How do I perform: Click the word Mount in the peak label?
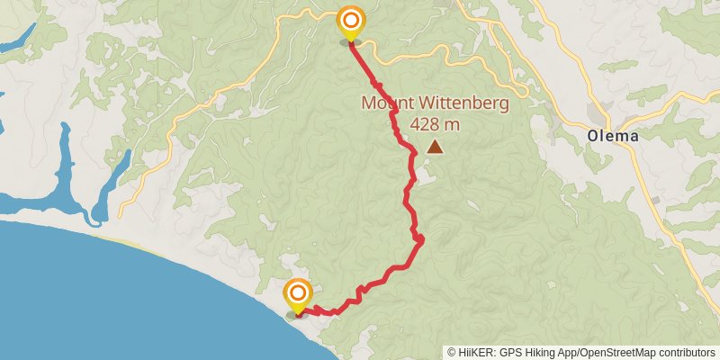point(386,103)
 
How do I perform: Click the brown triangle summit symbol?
point(436,147)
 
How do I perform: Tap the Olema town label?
point(613,136)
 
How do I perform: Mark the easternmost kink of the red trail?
point(421,238)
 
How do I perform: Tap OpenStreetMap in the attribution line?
point(629,353)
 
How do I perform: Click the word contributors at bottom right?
point(689,353)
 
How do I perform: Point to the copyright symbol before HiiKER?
point(452,353)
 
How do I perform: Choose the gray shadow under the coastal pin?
point(297,315)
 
